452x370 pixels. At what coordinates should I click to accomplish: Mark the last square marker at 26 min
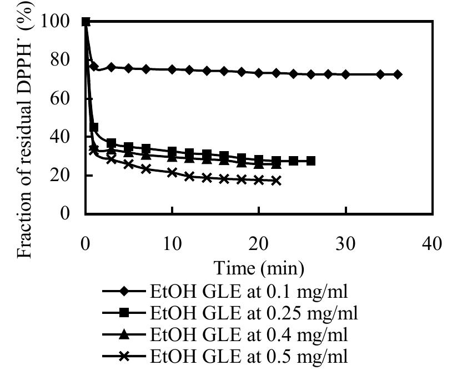[311, 161]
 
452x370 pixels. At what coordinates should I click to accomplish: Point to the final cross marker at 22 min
[277, 181]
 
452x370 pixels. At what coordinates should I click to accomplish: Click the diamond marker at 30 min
[346, 74]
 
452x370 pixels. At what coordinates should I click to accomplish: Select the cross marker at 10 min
[172, 172]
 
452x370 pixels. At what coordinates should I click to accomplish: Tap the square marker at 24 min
[294, 161]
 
